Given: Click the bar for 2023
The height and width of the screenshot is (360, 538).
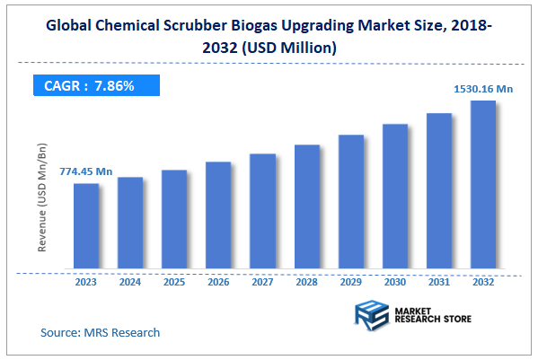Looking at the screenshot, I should click(x=86, y=225).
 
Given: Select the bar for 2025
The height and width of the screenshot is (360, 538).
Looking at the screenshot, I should click(x=174, y=219).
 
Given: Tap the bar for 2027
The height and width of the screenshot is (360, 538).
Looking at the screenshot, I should click(x=262, y=211).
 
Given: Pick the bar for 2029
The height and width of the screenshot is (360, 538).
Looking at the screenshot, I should click(x=351, y=202).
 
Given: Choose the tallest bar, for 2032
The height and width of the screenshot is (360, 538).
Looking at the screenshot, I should click(x=483, y=184).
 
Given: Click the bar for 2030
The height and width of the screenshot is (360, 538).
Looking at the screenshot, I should click(x=395, y=197).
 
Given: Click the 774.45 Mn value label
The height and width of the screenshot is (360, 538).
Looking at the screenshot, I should click(x=86, y=171).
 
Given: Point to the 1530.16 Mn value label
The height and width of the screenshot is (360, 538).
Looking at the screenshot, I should click(x=482, y=88).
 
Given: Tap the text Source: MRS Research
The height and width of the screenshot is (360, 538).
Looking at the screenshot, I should click(x=100, y=332).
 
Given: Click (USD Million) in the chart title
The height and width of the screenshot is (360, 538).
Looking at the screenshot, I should click(x=289, y=48).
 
